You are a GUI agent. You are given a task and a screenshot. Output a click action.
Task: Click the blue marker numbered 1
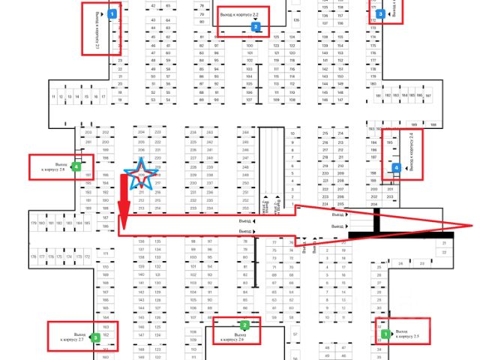click(112, 14)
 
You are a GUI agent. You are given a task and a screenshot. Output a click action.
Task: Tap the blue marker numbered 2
click(256, 27)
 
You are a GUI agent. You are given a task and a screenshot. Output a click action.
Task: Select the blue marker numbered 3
click(380, 13)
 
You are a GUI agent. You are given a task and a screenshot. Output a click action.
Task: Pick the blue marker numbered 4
click(397, 168)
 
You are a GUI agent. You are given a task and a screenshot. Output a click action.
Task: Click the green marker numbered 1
click(385, 334)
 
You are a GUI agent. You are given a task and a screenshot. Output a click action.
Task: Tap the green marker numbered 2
click(244, 325)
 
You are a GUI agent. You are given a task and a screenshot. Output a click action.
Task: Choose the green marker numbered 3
click(95, 338)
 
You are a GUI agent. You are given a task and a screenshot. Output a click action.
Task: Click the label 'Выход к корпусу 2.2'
click(239, 15)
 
